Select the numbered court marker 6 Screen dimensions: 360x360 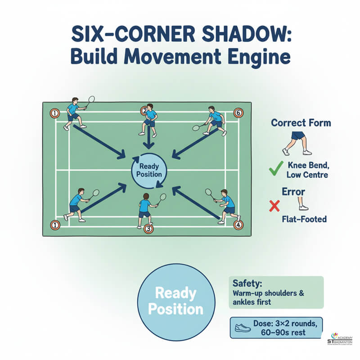click(238, 112)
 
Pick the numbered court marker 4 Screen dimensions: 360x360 click(238, 225)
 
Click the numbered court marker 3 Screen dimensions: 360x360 click(149, 229)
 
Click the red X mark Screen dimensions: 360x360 click(274, 206)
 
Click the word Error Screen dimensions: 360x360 click(293, 192)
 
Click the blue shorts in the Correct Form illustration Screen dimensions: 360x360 click(298, 135)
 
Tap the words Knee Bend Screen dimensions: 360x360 click(307, 165)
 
